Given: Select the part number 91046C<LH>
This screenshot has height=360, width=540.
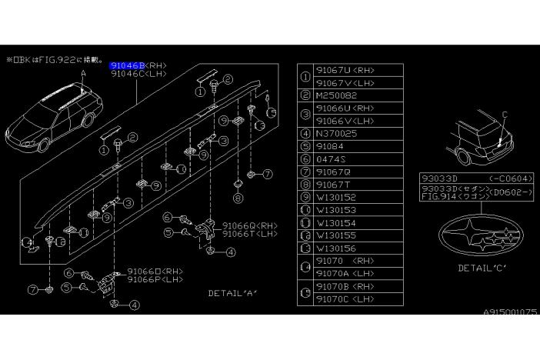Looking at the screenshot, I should (138, 75).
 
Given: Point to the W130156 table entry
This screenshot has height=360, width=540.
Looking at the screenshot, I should (338, 248).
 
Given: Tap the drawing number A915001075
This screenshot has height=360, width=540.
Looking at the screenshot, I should (511, 313).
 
